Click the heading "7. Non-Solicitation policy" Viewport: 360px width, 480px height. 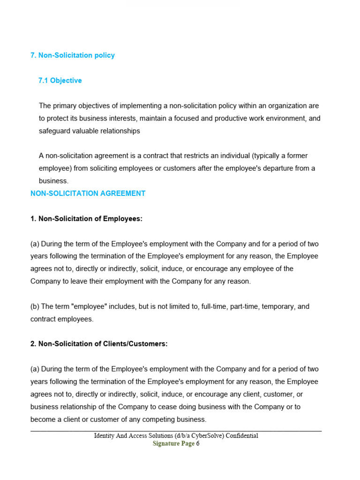tap(73, 55)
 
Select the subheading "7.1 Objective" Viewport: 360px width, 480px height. tap(60, 81)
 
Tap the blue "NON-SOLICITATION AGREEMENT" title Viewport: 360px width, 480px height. tap(88, 194)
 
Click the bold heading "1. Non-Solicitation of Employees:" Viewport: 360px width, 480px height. tap(86, 218)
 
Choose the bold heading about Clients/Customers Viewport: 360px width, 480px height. tap(99, 344)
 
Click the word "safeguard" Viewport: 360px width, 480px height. tap(54, 131)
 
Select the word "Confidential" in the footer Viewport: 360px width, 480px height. tap(242, 435)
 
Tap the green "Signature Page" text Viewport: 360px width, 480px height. tap(173, 444)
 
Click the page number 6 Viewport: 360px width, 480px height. tap(198, 444)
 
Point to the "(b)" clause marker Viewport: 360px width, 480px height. tap(35, 307)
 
